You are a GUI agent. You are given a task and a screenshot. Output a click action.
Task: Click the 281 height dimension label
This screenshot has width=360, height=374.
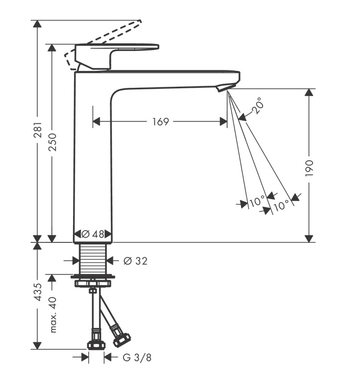coord(38,130)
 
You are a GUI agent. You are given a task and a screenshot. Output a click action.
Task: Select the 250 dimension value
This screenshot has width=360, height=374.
coord(53,142)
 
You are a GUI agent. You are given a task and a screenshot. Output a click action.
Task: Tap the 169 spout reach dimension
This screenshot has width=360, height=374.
coord(160,121)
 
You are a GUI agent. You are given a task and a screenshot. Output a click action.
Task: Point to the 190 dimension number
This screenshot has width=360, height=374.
coord(309,168)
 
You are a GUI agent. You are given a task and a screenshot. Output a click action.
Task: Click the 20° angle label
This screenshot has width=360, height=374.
coord(258,106)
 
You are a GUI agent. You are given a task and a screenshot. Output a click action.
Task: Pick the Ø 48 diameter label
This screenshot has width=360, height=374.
coord(92,234)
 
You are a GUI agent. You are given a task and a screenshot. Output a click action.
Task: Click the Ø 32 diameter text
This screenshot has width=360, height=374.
coord(135,261)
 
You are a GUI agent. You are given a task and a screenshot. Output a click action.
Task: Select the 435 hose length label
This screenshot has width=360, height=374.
coord(38,292)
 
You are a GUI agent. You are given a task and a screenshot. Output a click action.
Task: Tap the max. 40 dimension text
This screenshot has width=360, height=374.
coord(53,314)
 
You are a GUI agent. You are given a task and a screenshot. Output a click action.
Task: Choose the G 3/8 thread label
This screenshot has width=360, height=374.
coord(137,358)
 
